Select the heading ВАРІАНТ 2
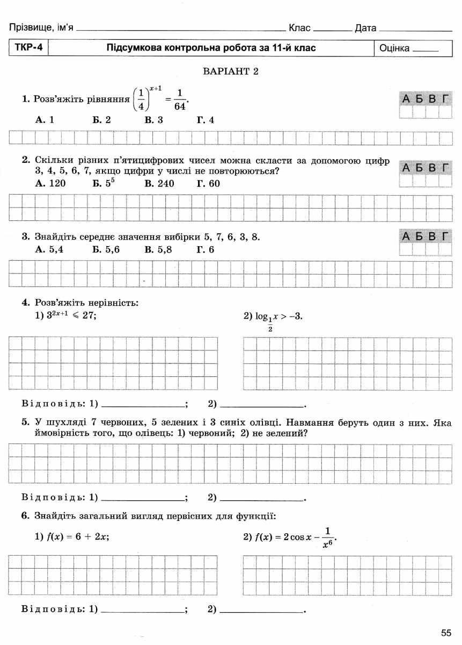[x=230, y=71]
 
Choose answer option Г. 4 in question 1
[x=206, y=120]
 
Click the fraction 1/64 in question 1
[x=180, y=99]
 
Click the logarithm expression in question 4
[x=273, y=318]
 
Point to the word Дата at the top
[x=365, y=28]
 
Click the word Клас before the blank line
[x=299, y=27]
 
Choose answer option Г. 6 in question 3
[x=206, y=249]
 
